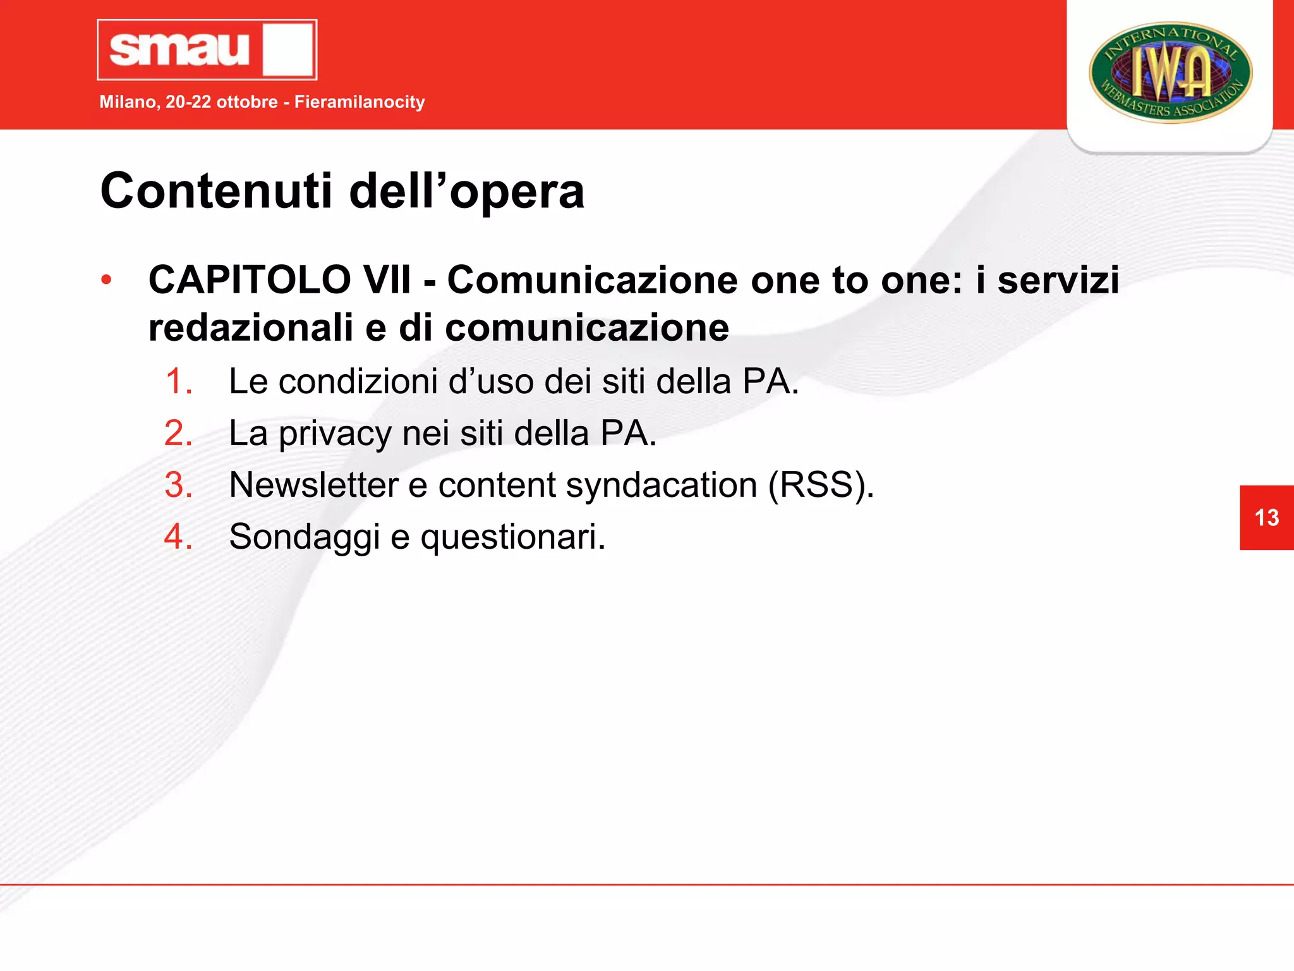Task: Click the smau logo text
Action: (180, 49)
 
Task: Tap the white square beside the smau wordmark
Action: (288, 50)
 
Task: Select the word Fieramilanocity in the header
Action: (360, 102)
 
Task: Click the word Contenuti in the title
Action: (215, 191)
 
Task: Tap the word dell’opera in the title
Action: (467, 191)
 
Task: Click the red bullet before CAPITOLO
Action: (106, 279)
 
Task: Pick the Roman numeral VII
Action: (385, 279)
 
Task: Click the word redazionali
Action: (250, 328)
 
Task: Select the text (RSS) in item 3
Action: (821, 485)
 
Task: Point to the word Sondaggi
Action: (304, 537)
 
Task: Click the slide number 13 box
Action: (1266, 518)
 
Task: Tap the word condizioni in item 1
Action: (358, 382)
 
